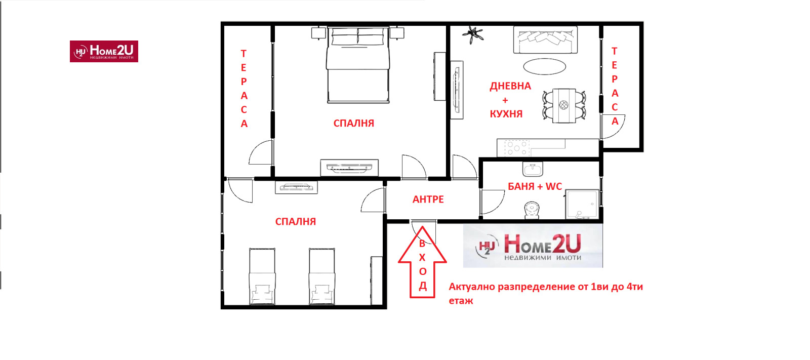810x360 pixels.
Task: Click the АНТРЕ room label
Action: coord(428,199)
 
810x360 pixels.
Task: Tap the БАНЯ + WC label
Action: coord(535,186)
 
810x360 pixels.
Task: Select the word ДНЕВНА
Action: coord(510,86)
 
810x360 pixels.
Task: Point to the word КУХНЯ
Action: coord(506,114)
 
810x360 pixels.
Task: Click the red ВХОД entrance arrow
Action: coord(422,262)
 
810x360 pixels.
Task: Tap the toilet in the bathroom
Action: coord(532,210)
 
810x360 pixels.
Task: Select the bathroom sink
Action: coord(533,169)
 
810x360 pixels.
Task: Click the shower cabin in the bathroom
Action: coord(582,204)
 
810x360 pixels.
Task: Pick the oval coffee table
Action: coord(545,66)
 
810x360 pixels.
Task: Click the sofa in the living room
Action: coord(545,41)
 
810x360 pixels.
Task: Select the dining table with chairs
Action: coord(564,105)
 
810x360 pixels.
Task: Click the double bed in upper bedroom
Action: coord(358,65)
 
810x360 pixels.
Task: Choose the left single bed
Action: coord(262,276)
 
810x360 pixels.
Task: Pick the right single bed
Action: coord(322,276)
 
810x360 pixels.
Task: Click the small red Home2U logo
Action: coord(104,51)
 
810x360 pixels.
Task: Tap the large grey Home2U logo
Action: coord(533,246)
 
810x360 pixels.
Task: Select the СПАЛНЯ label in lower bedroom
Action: coord(296,221)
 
